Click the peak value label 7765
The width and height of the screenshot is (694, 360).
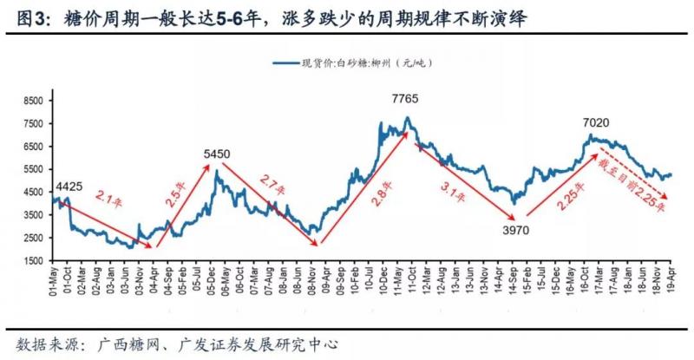[405, 99]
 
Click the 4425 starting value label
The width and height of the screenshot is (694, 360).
[69, 186]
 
